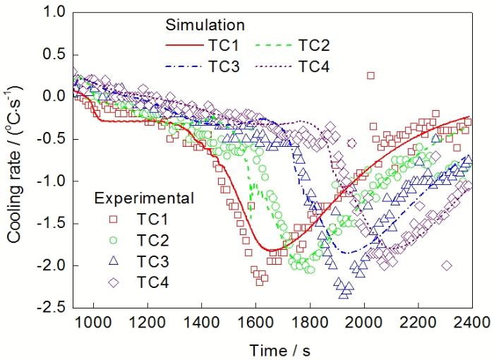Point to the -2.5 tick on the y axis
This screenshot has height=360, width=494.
(x=53, y=308)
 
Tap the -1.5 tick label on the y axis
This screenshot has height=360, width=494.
(x=53, y=223)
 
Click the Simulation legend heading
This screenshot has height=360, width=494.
(x=205, y=25)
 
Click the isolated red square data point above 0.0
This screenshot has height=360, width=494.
(x=370, y=76)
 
